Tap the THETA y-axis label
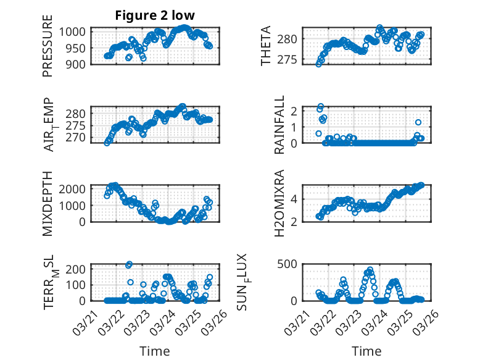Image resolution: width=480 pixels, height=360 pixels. [266, 46]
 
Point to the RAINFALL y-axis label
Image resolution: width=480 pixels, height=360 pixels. [279, 125]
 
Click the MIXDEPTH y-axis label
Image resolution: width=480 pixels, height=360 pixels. [48, 203]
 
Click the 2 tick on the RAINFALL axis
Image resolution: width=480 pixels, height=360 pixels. [294, 111]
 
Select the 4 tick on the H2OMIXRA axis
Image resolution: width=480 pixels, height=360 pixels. [294, 199]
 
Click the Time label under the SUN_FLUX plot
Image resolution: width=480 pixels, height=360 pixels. [366, 351]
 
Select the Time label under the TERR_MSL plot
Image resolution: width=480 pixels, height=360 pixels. [155, 351]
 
